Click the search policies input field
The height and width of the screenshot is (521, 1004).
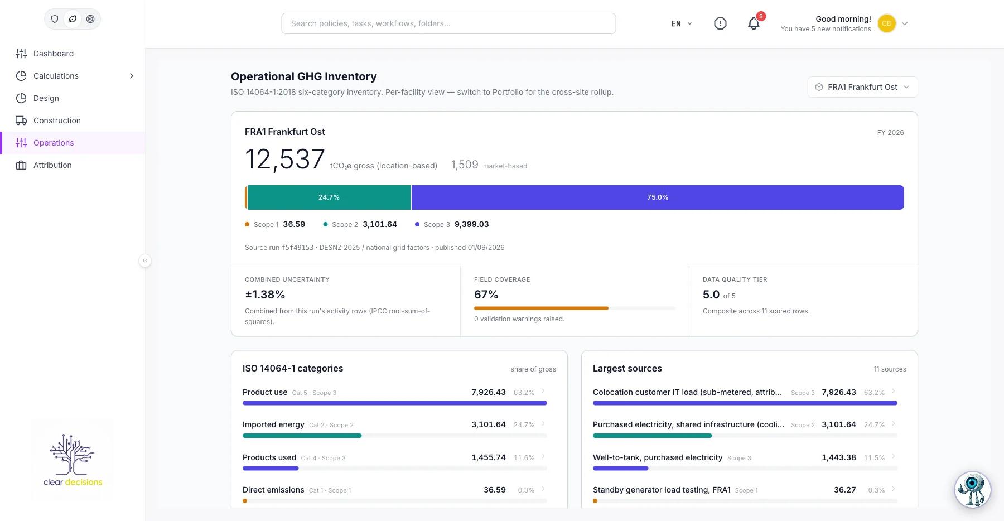(448, 23)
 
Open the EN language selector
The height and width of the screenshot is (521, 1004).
(682, 23)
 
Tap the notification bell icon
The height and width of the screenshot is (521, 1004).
(754, 23)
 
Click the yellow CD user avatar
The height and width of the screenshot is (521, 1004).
(886, 23)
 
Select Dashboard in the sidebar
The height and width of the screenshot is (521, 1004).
(54, 54)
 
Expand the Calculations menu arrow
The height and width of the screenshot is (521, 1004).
(132, 76)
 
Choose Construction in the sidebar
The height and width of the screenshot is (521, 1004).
(57, 120)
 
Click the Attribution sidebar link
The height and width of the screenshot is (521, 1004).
(52, 165)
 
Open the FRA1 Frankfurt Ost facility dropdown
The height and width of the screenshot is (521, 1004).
(862, 87)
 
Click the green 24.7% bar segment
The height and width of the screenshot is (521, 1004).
(329, 197)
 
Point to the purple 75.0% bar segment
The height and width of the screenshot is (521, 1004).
(658, 197)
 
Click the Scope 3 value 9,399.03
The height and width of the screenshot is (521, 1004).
(471, 224)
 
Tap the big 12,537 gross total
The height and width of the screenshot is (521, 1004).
(285, 160)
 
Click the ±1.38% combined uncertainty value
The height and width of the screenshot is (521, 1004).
(265, 295)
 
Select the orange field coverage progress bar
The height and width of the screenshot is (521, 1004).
(541, 308)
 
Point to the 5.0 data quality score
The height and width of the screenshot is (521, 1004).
(711, 295)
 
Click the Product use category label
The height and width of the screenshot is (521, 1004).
(265, 392)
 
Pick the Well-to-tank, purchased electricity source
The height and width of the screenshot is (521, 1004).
(658, 457)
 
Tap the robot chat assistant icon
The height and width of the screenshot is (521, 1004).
(972, 490)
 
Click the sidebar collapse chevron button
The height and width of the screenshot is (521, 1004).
(145, 260)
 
